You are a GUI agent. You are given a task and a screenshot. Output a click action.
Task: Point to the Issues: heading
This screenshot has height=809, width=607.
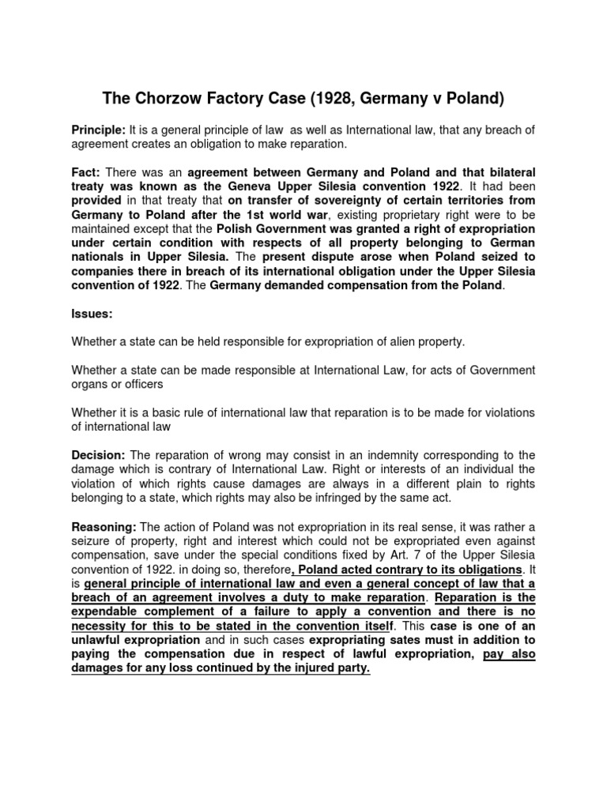point(92,314)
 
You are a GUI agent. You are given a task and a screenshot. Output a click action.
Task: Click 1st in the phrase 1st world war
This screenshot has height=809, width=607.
point(299,214)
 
